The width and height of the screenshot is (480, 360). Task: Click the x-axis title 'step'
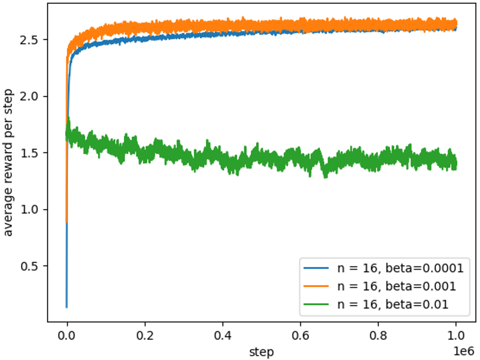(x=261, y=351)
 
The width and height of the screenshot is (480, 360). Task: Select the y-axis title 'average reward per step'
(x=10, y=163)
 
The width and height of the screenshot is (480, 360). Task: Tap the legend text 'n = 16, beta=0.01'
(x=392, y=303)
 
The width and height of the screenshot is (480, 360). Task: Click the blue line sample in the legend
(x=317, y=268)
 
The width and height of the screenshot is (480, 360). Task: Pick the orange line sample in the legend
(x=317, y=286)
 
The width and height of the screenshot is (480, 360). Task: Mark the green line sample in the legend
(x=317, y=303)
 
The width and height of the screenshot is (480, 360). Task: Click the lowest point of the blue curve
(x=67, y=307)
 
